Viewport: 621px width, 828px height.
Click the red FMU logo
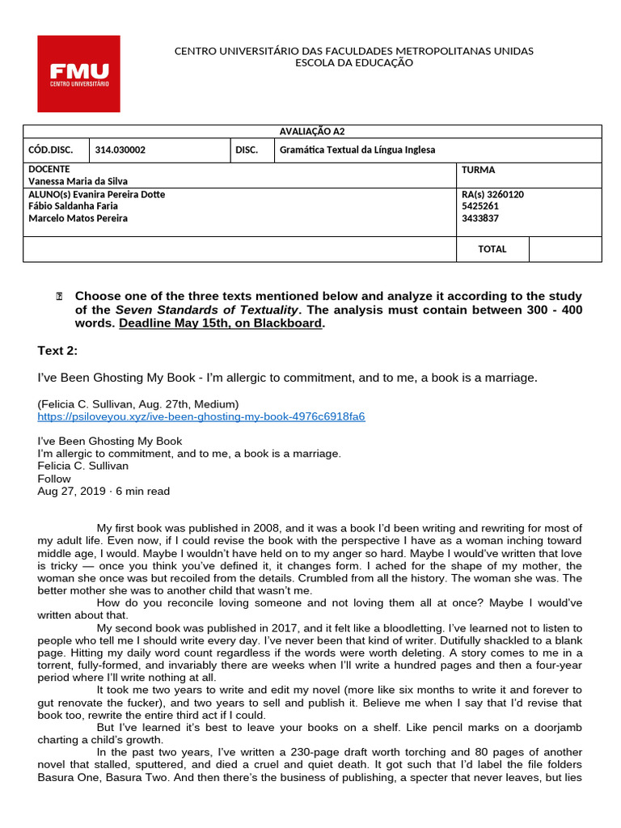coord(78,74)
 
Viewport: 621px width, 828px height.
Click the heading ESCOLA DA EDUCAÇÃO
coord(354,63)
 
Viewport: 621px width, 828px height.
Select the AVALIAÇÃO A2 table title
coord(312,132)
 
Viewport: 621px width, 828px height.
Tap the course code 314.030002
coord(120,150)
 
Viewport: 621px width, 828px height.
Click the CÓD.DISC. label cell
coord(50,150)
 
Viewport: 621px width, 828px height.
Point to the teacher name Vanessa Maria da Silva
coord(78,182)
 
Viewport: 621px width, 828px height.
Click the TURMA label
coord(478,170)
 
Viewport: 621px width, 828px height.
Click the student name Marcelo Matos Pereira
coord(78,218)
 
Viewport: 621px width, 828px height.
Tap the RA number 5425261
coord(479,206)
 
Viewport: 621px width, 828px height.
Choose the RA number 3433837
coord(479,218)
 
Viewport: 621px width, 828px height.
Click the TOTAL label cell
coord(492,249)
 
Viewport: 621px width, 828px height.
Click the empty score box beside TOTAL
coord(565,249)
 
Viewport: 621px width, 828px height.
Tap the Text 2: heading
coord(58,350)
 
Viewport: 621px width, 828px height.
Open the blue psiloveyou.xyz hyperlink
coord(201,416)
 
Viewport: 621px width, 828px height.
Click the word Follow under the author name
coord(54,479)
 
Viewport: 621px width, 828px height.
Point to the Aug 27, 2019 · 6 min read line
coord(103,491)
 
